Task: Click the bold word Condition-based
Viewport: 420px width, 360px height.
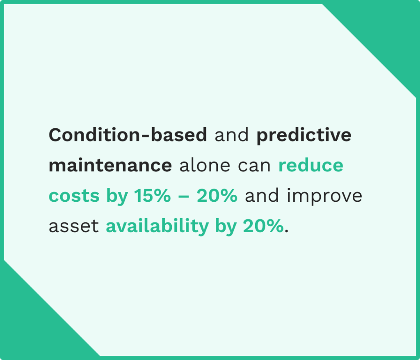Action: (x=128, y=135)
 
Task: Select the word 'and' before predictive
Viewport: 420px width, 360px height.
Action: (x=232, y=135)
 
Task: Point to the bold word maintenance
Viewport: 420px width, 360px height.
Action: (x=110, y=166)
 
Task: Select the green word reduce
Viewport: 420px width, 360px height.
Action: (x=311, y=166)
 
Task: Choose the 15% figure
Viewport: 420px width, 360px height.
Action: (x=151, y=196)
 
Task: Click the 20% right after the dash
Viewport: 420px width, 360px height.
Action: (x=217, y=196)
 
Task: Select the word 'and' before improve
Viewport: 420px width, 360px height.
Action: (x=262, y=196)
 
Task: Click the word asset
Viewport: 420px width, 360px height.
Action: (x=74, y=227)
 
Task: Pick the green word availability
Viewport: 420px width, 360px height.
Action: (x=157, y=227)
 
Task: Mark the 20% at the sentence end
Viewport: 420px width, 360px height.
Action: (x=263, y=226)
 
